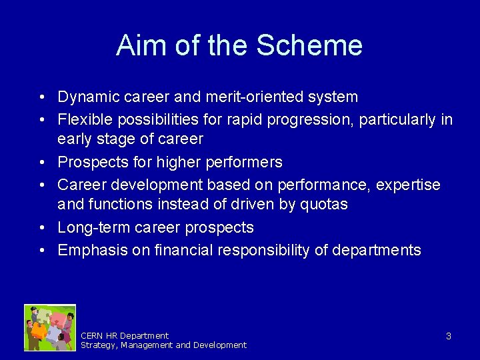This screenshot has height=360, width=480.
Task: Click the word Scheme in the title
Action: (309, 45)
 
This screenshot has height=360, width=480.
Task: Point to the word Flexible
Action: (82, 120)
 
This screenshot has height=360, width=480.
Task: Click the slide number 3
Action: (448, 336)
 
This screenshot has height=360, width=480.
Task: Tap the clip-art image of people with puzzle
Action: (50, 327)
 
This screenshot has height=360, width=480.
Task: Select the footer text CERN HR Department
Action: (125, 335)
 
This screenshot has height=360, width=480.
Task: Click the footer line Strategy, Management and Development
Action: (163, 345)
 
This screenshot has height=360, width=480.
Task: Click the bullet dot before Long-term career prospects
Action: (41, 228)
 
